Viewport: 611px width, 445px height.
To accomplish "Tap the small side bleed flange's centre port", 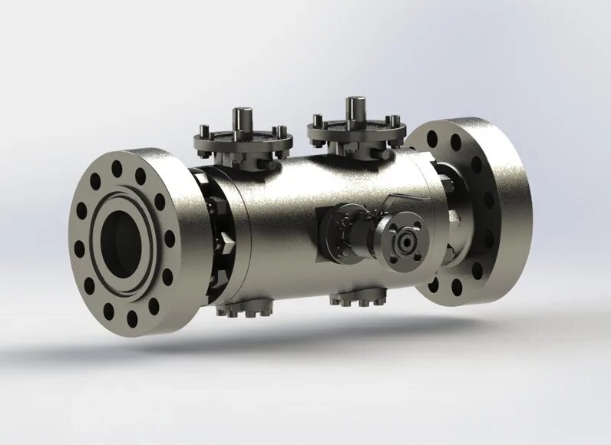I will (405, 241).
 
